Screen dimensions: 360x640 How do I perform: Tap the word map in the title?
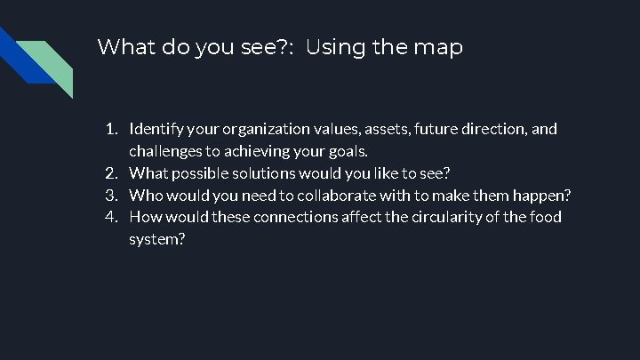click(437, 47)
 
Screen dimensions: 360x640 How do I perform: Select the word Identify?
click(157, 129)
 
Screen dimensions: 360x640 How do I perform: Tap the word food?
click(544, 217)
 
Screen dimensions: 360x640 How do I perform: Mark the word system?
click(156, 239)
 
